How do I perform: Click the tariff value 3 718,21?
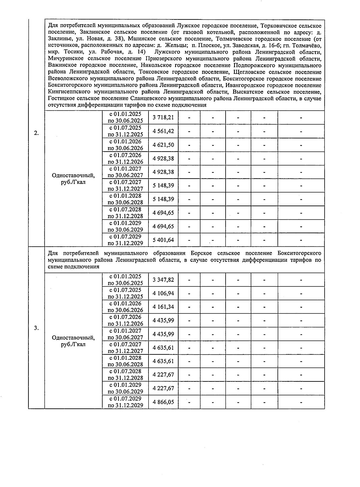coord(163,117)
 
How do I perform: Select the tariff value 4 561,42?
coord(163,131)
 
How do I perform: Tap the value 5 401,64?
coord(163,240)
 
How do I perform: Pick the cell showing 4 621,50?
coord(163,145)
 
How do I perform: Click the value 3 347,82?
coord(163,280)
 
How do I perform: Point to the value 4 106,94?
coord(163,293)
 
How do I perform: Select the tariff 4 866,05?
coord(163,402)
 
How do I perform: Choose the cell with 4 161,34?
coord(163,307)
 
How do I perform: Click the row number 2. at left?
coord(36,133)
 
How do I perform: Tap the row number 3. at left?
coord(36,328)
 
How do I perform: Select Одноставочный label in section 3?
coord(73,338)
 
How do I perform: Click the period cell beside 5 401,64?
coord(125,240)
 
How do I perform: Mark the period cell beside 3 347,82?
coord(125,280)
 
